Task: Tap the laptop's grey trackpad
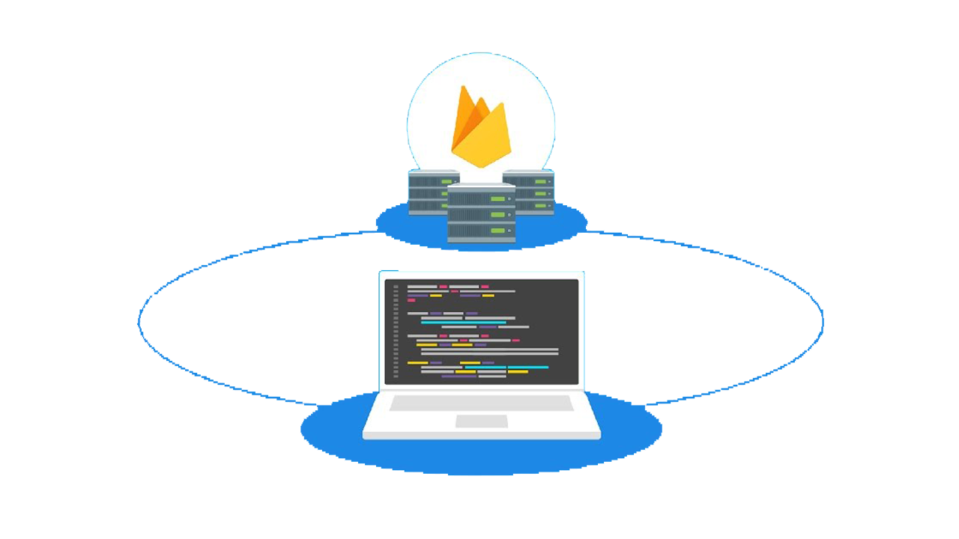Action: click(x=482, y=421)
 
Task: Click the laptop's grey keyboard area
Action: click(x=482, y=404)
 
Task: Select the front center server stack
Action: click(x=482, y=214)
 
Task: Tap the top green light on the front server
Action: click(x=497, y=199)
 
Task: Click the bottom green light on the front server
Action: click(x=497, y=231)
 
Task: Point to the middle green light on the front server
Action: click(x=497, y=215)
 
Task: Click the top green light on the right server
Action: click(x=541, y=180)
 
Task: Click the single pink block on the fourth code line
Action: click(x=411, y=300)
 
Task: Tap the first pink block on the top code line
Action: click(x=444, y=287)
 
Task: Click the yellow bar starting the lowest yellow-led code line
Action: click(x=417, y=362)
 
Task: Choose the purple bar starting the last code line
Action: click(x=459, y=376)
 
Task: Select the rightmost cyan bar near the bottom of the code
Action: click(x=528, y=368)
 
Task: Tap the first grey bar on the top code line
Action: click(x=422, y=287)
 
